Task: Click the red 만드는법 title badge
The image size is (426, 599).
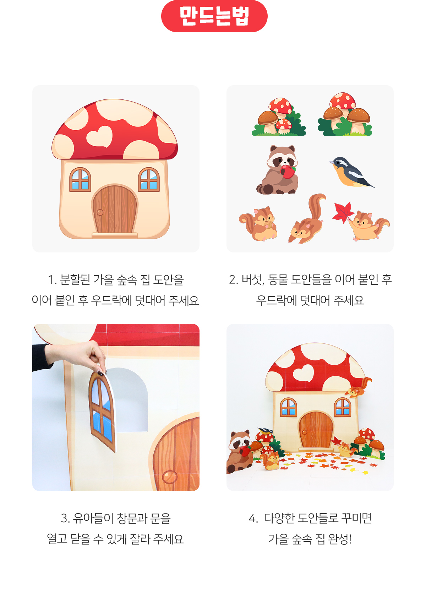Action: point(214,16)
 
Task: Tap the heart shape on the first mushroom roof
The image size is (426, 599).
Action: point(99,137)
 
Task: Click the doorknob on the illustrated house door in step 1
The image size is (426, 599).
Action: point(100,212)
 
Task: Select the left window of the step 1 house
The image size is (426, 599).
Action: point(80,179)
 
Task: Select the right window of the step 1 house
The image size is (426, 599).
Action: point(149,179)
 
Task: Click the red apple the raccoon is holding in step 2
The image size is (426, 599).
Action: point(288,172)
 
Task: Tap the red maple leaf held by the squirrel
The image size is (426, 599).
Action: point(343,211)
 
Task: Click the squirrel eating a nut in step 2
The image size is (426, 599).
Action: point(258,224)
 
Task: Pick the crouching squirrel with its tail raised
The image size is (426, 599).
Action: point(307,219)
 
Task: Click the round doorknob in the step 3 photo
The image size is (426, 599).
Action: point(170,477)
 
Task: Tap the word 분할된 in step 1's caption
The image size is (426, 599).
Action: point(75,280)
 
